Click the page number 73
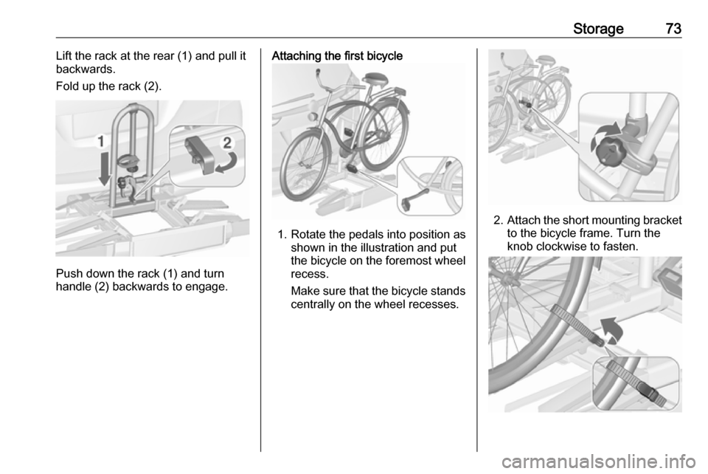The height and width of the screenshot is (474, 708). pyautogui.click(x=673, y=29)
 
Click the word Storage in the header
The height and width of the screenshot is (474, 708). pyautogui.click(x=598, y=29)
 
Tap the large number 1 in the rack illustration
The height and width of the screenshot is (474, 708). pyautogui.click(x=102, y=142)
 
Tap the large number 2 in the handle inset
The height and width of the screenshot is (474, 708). pyautogui.click(x=227, y=142)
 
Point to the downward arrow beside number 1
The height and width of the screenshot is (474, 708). pyautogui.click(x=104, y=169)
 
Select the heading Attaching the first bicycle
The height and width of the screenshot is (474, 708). pyautogui.click(x=337, y=56)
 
